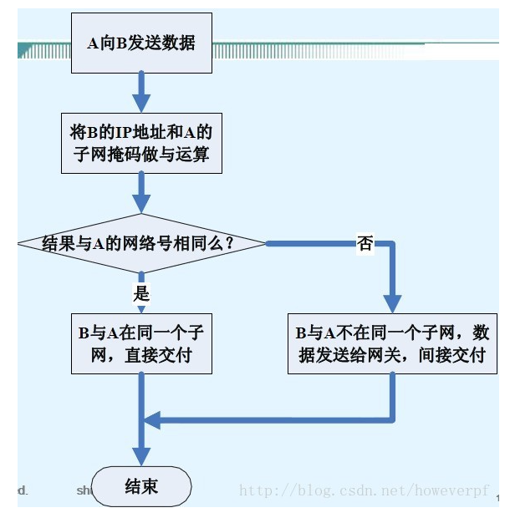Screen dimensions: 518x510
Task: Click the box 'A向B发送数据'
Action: click(x=140, y=42)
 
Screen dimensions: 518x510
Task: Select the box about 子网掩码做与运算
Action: click(x=140, y=143)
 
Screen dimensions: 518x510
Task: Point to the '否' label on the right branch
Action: click(x=365, y=244)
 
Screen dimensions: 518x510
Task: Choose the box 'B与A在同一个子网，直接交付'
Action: click(x=140, y=343)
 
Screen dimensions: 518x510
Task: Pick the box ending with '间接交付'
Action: click(x=391, y=343)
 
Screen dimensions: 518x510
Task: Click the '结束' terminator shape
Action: click(x=141, y=486)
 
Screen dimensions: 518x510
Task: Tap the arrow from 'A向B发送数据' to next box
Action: click(x=140, y=91)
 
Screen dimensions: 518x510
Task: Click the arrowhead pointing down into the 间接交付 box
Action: click(x=391, y=303)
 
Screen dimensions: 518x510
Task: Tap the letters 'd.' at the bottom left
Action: click(x=23, y=490)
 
